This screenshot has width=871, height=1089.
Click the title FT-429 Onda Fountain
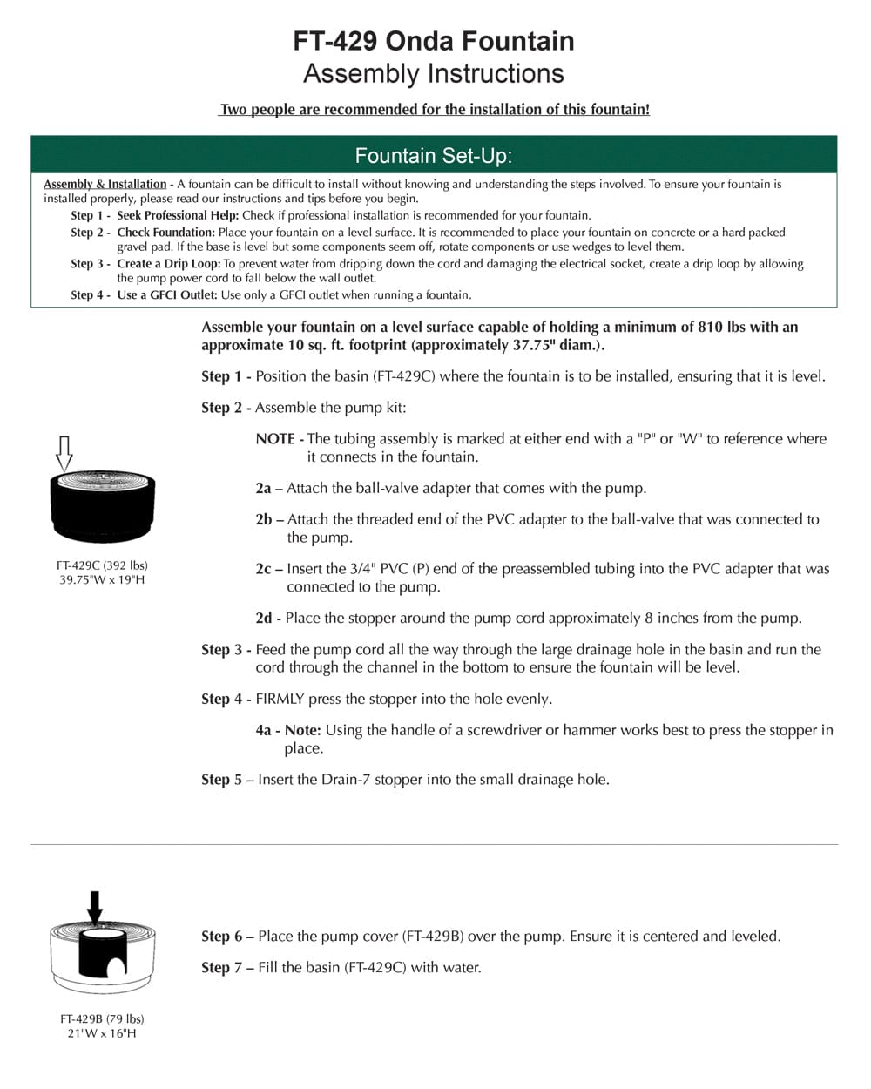[x=433, y=41]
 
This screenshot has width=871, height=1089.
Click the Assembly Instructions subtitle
[x=433, y=74]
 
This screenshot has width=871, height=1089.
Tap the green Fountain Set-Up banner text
[x=433, y=156]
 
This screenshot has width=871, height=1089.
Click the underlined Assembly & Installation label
[x=105, y=184]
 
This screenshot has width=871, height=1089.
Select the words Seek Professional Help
[x=178, y=215]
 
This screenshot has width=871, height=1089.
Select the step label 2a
[x=264, y=489]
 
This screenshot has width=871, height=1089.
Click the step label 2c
[x=264, y=569]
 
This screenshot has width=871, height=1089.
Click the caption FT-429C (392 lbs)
[x=102, y=565]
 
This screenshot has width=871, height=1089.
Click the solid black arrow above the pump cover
[x=95, y=906]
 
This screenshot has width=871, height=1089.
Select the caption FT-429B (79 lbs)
[x=102, y=1018]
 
